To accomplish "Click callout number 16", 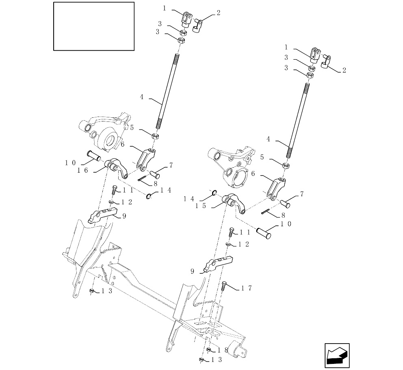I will click(x=82, y=170).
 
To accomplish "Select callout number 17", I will click(x=246, y=288).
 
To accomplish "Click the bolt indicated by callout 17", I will click(x=224, y=286).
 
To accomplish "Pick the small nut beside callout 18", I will click(x=208, y=350).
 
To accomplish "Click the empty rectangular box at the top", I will click(x=94, y=26).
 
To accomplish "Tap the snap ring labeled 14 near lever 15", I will click(x=213, y=192).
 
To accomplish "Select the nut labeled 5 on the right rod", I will click(x=286, y=165).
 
